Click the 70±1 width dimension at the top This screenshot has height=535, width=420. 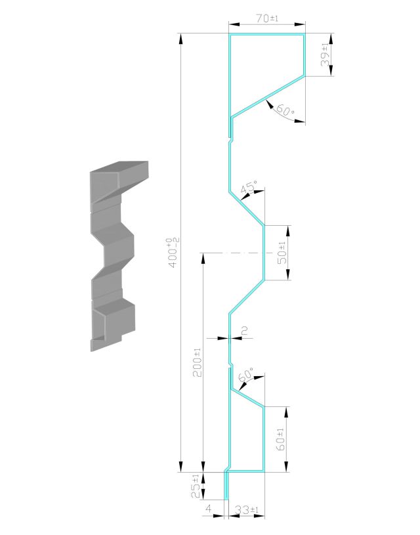[267, 18]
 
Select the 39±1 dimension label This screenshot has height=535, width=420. [325, 54]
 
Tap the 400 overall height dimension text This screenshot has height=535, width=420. [173, 253]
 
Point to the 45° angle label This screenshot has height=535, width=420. [249, 187]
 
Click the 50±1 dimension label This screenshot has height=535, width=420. [282, 253]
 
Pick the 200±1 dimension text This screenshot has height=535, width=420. [198, 362]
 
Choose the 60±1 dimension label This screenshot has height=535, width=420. [280, 439]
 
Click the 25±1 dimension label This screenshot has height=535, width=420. [196, 486]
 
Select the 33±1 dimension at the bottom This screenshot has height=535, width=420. [247, 510]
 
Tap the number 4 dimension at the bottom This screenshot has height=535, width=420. [209, 509]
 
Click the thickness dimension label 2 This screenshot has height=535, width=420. [244, 330]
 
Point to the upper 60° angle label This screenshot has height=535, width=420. [285, 110]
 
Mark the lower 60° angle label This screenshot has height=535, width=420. [246, 375]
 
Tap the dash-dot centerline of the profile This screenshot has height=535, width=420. [236, 253]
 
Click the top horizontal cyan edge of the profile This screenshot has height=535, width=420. [267, 34]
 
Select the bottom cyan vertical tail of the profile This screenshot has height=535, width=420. [226, 485]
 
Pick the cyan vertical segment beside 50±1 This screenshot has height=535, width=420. [264, 253]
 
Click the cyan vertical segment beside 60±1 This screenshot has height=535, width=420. [264, 439]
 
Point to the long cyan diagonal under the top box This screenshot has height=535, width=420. [268, 96]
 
